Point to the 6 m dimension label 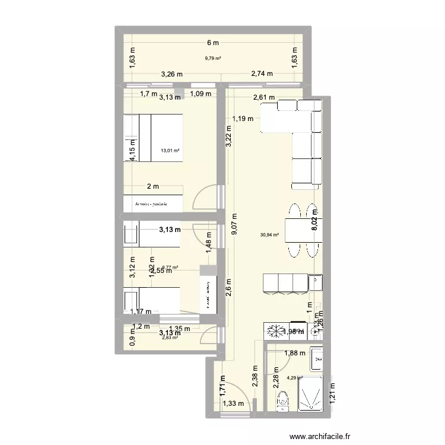[213, 43]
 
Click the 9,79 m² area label [213, 58]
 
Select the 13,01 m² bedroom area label [170, 150]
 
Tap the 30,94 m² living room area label [269, 234]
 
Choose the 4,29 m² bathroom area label [295, 377]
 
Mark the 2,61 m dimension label [263, 98]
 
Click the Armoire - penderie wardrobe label [152, 203]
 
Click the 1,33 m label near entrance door [233, 405]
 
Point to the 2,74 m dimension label [262, 74]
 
